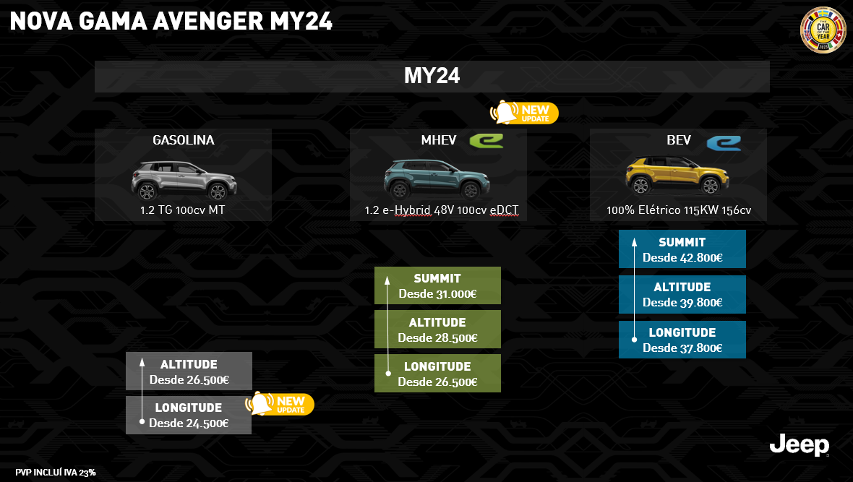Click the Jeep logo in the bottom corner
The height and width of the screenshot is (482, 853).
[x=799, y=445]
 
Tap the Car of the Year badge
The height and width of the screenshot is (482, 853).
[x=823, y=30]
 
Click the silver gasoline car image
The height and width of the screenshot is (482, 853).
[x=184, y=179]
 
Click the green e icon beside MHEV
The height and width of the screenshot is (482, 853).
[x=486, y=140]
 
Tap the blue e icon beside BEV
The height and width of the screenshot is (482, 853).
[x=723, y=142]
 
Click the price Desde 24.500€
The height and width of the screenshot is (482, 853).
[x=189, y=423]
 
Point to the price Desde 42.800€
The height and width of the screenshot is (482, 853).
[x=682, y=257]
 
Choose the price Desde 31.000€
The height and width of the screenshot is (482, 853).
[x=437, y=294]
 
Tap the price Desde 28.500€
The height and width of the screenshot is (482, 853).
[x=437, y=337]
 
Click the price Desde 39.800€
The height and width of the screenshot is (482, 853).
[x=682, y=303]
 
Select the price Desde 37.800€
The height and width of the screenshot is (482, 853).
[x=682, y=348]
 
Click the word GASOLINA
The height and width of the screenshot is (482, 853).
[x=183, y=140]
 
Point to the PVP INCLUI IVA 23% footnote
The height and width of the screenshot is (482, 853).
[x=56, y=473]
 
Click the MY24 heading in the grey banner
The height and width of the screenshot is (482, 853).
[x=432, y=77]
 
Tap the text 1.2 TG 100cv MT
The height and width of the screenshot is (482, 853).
[x=183, y=212]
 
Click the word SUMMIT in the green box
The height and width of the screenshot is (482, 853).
[x=437, y=279]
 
